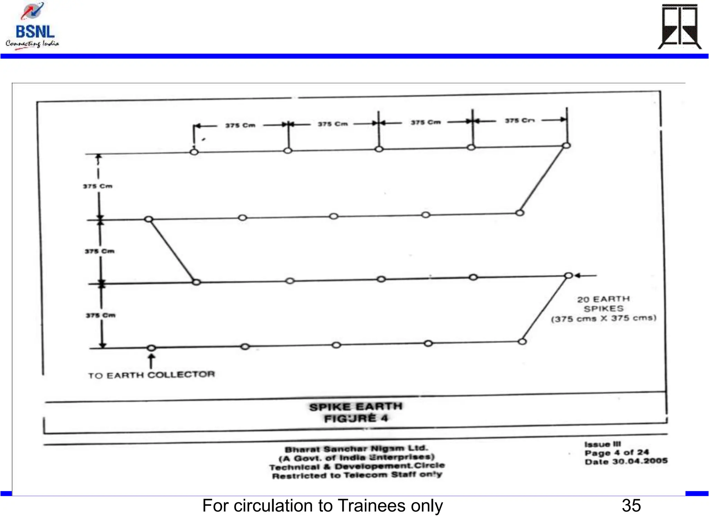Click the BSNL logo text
(35, 32)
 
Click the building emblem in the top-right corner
(679, 27)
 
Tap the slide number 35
(631, 506)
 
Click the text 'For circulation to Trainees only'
(322, 506)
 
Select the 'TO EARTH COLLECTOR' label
(151, 375)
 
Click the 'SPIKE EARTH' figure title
(356, 407)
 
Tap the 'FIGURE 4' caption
(356, 419)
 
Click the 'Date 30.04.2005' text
(626, 461)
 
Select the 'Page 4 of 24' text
(617, 453)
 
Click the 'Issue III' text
(602, 444)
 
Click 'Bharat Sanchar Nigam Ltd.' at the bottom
(356, 449)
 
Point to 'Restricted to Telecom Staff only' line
(357, 475)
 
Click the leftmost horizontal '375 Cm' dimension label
(240, 125)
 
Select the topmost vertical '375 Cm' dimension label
(98, 186)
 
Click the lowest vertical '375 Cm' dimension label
(101, 316)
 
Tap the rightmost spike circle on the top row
(566, 145)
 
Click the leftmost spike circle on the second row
(149, 219)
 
